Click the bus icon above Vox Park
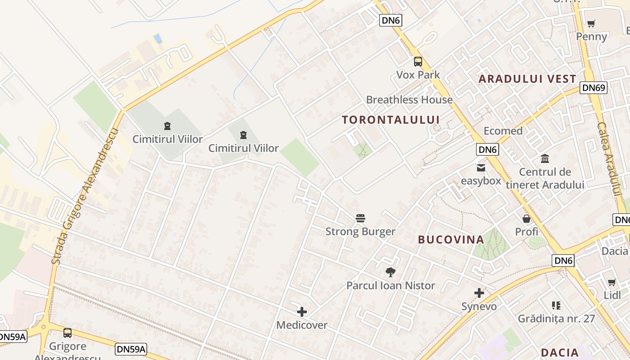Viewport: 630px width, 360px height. point(418,62)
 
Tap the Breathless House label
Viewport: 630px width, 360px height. point(409,99)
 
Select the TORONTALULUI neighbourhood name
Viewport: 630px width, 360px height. point(391,120)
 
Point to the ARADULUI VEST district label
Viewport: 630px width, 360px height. point(527,79)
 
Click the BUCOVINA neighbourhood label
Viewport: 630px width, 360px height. point(451,239)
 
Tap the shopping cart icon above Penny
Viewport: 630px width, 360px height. point(591,23)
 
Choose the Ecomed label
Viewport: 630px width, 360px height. point(503,131)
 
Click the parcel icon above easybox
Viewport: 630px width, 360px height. point(481,168)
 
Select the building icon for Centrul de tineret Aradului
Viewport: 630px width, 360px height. point(545,158)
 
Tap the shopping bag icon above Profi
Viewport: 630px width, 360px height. point(526,219)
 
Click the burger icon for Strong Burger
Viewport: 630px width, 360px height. point(360,218)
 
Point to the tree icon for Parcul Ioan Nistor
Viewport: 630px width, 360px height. point(390,272)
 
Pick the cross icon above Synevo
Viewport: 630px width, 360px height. point(479,293)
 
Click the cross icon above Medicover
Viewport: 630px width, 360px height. point(302,311)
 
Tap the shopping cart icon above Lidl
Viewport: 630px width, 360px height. point(612,282)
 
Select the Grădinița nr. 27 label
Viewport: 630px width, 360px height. point(556,319)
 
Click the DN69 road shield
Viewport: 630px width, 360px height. point(594,88)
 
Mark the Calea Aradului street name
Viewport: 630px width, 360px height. point(610,160)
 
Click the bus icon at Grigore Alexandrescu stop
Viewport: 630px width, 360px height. point(67,333)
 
